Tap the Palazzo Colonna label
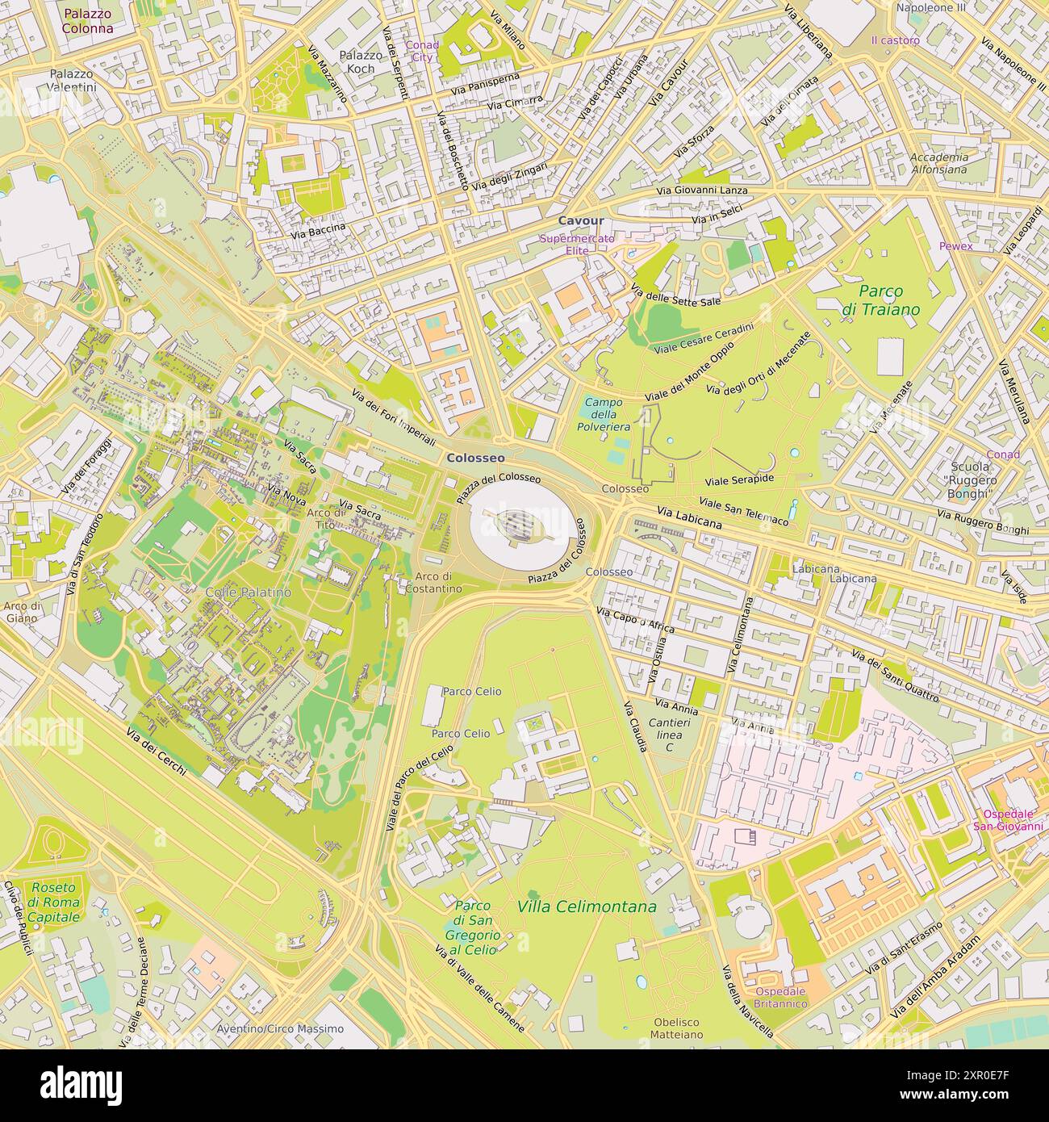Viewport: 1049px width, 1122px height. pyautogui.click(x=88, y=21)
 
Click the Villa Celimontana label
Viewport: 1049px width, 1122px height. pyautogui.click(x=587, y=907)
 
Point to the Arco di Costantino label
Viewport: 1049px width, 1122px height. pyautogui.click(x=439, y=583)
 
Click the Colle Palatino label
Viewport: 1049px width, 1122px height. pyautogui.click(x=248, y=592)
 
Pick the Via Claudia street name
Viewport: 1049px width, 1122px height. pyautogui.click(x=635, y=726)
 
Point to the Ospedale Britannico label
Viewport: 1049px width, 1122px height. pyautogui.click(x=780, y=997)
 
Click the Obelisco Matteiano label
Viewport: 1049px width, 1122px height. pyautogui.click(x=677, y=1028)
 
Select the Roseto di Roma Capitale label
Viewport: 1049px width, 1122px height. pyautogui.click(x=54, y=902)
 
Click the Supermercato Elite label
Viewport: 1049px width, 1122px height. pyautogui.click(x=577, y=245)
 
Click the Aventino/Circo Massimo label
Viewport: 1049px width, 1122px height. pyautogui.click(x=280, y=1029)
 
